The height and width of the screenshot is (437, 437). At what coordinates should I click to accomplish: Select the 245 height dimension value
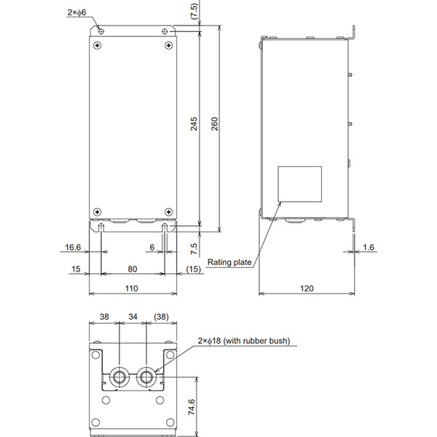click(193, 125)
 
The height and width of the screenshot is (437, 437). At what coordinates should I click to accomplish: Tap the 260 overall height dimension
click(214, 125)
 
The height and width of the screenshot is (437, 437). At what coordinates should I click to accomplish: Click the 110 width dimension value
click(132, 288)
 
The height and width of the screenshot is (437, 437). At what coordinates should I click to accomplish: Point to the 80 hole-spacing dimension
click(132, 268)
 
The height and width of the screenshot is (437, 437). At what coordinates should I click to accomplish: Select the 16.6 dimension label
click(73, 248)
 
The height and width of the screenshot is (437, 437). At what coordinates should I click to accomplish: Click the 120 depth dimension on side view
click(307, 288)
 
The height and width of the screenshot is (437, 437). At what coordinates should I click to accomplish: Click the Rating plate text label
click(229, 262)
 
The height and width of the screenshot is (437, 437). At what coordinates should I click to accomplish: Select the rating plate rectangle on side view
click(300, 184)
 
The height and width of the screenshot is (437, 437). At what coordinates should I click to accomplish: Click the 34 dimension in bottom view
click(133, 318)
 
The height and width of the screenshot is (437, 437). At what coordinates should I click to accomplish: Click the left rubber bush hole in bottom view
click(119, 377)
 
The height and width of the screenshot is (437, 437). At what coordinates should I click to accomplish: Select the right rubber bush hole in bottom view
click(147, 377)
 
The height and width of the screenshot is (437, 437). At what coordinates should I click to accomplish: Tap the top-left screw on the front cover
click(98, 44)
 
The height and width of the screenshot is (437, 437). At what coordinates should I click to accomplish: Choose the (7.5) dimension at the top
click(193, 11)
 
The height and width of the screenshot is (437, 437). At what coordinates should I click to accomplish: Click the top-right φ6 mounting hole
click(167, 31)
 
